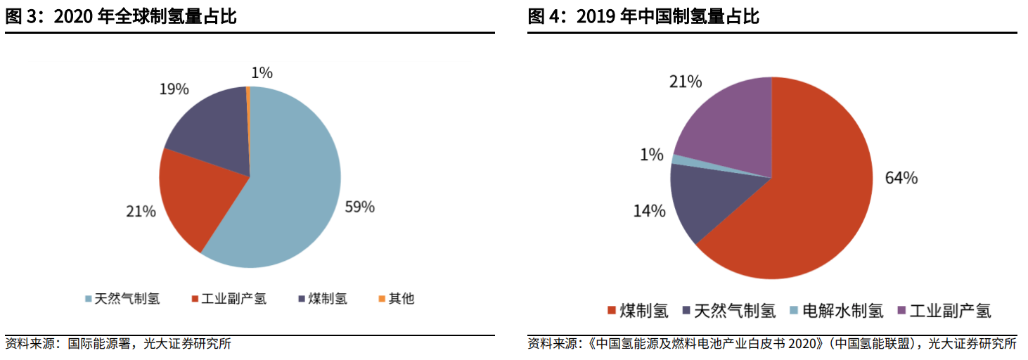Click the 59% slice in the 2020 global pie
pos(295,190)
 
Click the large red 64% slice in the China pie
pos(802,204)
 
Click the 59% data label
pos(359,207)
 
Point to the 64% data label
pos(901,178)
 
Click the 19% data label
pos(173,89)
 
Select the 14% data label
pos(649,210)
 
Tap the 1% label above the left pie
pos(262,72)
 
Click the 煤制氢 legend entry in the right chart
pos(638,310)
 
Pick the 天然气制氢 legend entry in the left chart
pos(122,298)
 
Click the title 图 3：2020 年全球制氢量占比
pos(121,17)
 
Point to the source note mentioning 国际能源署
pos(118,344)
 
